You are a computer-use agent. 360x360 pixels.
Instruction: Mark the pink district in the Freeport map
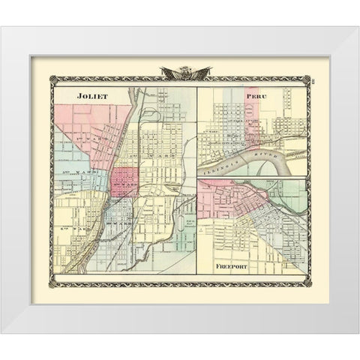[x=217, y=202]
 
